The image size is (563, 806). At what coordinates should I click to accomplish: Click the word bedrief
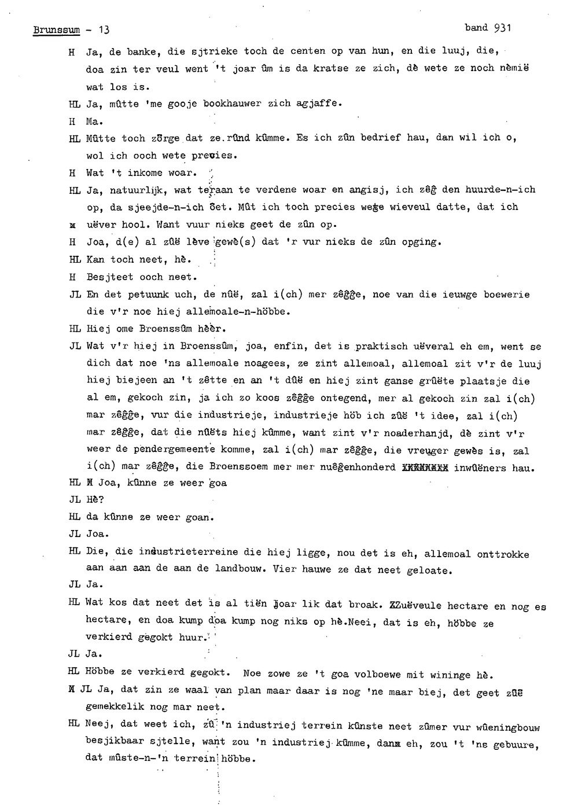(x=380, y=138)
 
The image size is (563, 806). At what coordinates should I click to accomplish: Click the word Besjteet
(x=110, y=277)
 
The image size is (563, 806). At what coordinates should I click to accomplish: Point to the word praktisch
(x=382, y=347)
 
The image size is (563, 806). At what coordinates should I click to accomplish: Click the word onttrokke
(x=503, y=554)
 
